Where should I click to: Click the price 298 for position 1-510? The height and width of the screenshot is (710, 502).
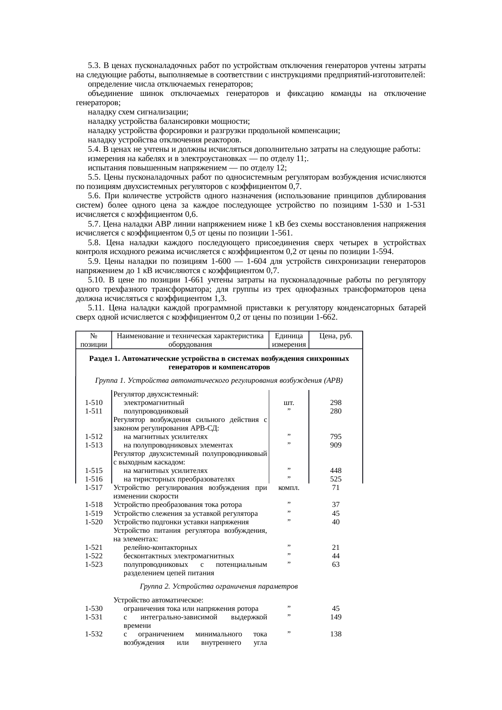pos(336,403)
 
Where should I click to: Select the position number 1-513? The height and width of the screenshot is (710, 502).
pos(94,445)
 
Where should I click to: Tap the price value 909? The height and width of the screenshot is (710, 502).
pos(336,445)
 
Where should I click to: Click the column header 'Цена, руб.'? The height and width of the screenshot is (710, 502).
pos(336,336)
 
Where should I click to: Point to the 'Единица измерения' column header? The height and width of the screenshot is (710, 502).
pos(289,340)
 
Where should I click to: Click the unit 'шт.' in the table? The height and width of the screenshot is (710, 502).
pos(289,403)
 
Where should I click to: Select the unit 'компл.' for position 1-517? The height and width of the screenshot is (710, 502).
pos(289,487)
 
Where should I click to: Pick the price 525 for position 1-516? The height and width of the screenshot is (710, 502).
pos(336,479)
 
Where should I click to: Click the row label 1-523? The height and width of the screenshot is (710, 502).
pos(94,564)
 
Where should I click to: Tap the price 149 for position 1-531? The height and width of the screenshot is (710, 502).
pos(336,617)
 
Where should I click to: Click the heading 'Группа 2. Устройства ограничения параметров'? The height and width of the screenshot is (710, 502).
pos(219,586)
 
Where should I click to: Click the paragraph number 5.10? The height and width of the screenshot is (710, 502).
pos(96,280)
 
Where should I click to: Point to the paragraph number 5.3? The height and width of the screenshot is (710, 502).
pos(94,66)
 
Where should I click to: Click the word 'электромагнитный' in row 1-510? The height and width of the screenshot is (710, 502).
pos(154,403)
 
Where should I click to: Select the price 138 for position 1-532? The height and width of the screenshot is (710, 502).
pos(336,634)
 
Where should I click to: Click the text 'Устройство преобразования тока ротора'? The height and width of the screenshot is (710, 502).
pos(178,504)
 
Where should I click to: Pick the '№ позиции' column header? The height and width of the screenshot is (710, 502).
pos(94,340)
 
